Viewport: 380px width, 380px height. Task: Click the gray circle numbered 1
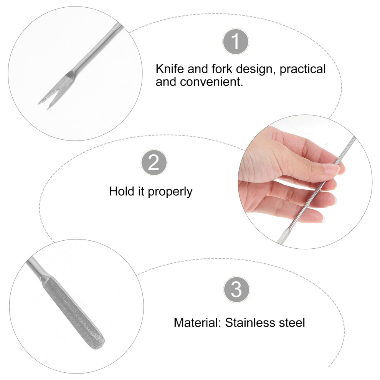pyautogui.click(x=236, y=42)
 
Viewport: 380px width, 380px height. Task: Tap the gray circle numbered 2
pyautogui.click(x=154, y=162)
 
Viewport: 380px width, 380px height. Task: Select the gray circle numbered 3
pyautogui.click(x=236, y=289)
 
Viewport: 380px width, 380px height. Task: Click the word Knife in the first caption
pyautogui.click(x=170, y=69)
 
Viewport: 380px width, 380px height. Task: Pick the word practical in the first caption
pyautogui.click(x=302, y=69)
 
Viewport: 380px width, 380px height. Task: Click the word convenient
pyautogui.click(x=211, y=82)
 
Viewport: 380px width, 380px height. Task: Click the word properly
pyautogui.click(x=170, y=192)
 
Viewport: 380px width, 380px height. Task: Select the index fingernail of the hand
pyautogui.click(x=332, y=169)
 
